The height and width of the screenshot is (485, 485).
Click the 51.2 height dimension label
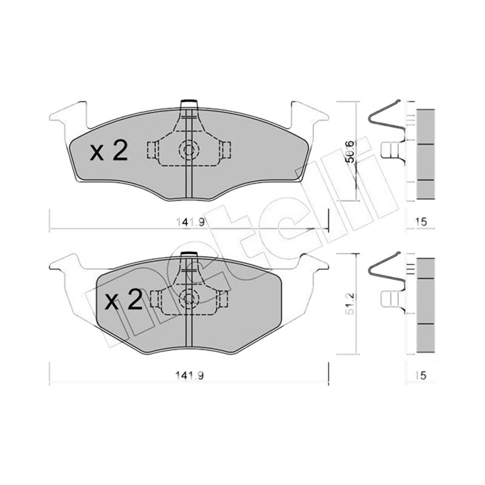tap(350, 304)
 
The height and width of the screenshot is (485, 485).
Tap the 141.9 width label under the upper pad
tap(190, 222)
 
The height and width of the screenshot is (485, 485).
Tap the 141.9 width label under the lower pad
tap(190, 375)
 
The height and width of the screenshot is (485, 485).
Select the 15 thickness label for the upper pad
tap(421, 222)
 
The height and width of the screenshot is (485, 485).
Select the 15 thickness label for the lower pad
tap(421, 375)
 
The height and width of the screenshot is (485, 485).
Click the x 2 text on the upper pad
tap(109, 150)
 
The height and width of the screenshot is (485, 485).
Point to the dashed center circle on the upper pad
tap(189, 150)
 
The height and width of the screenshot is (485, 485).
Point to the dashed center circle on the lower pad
tap(189, 298)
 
